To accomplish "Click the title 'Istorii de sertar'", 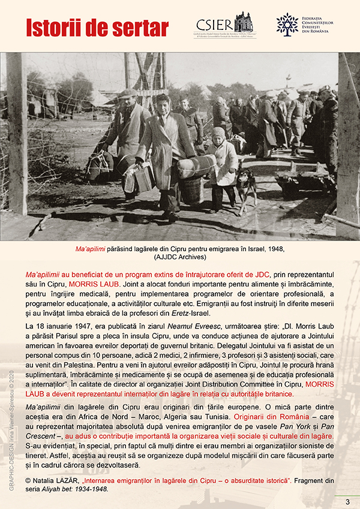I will [x=97, y=27].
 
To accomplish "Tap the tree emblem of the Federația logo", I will [x=287, y=24].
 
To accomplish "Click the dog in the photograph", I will [x=247, y=186].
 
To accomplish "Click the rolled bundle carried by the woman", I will [x=196, y=166].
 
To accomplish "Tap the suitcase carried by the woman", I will [x=144, y=177].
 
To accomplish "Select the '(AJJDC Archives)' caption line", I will [x=180, y=257].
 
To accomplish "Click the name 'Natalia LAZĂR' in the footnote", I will [x=56, y=481].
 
